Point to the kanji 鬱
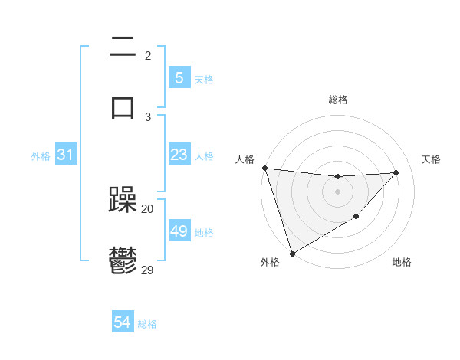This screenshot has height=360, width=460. [x=123, y=260]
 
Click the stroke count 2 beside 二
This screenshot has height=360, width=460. [x=148, y=55]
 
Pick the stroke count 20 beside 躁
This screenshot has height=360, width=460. [x=148, y=208]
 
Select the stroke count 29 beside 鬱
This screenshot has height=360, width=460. [x=148, y=270]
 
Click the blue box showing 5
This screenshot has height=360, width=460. [x=179, y=78]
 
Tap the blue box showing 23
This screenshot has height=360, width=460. [x=179, y=155]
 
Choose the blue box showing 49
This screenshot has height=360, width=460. [x=179, y=231]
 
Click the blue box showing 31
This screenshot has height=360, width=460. [x=66, y=155]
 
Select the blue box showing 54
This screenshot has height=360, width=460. [x=123, y=323]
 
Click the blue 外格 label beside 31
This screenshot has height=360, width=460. [x=41, y=156]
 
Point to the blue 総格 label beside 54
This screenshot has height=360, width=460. [x=147, y=324]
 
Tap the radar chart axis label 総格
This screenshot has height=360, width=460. [x=337, y=100]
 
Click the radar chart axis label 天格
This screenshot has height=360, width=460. [x=432, y=159]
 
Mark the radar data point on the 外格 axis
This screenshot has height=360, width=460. [x=292, y=253]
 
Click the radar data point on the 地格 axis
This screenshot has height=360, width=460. [x=356, y=218]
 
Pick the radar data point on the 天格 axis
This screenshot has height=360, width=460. [x=396, y=172]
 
